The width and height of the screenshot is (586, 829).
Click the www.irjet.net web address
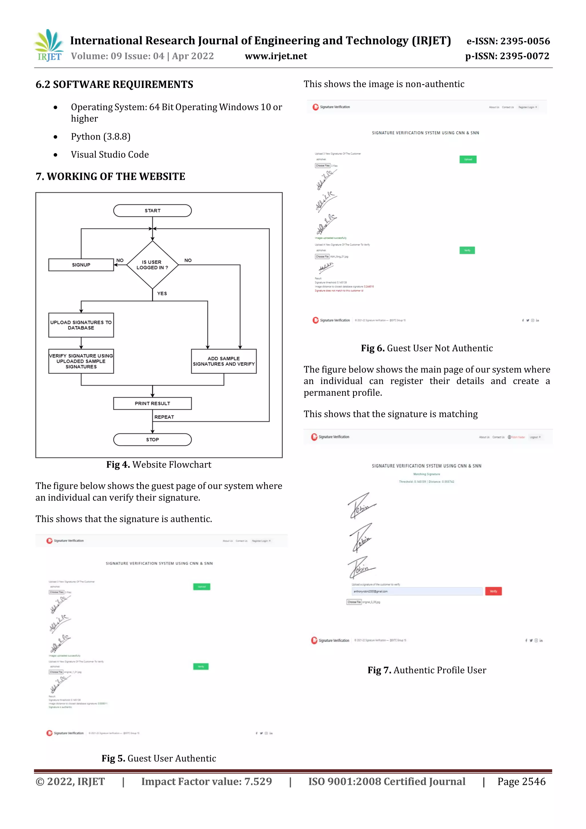pyautogui.click(x=276, y=56)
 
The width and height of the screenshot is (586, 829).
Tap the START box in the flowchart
pyautogui.click(x=153, y=211)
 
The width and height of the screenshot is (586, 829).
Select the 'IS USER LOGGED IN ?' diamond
pyautogui.click(x=153, y=265)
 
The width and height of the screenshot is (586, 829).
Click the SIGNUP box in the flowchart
pyautogui.click(x=81, y=265)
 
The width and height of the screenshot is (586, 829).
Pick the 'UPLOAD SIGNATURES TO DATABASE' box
pyautogui.click(x=81, y=325)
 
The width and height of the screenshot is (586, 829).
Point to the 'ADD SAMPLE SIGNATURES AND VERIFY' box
pyautogui.click(x=223, y=361)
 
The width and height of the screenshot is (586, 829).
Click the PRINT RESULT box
pyautogui.click(x=153, y=403)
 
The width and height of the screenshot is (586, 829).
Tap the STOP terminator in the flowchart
pyautogui.click(x=153, y=440)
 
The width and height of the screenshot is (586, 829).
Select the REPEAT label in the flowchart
pyautogui.click(x=164, y=417)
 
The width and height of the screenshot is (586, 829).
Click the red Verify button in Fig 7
pyautogui.click(x=493, y=591)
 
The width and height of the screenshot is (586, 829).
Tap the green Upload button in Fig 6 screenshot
pyautogui.click(x=468, y=159)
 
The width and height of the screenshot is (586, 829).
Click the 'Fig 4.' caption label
pyautogui.click(x=118, y=465)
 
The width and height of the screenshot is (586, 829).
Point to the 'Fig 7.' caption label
pyautogui.click(x=379, y=670)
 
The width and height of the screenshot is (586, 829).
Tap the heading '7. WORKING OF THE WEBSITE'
pyautogui.click(x=110, y=177)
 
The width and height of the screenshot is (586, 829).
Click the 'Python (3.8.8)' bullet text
pyautogui.click(x=101, y=136)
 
